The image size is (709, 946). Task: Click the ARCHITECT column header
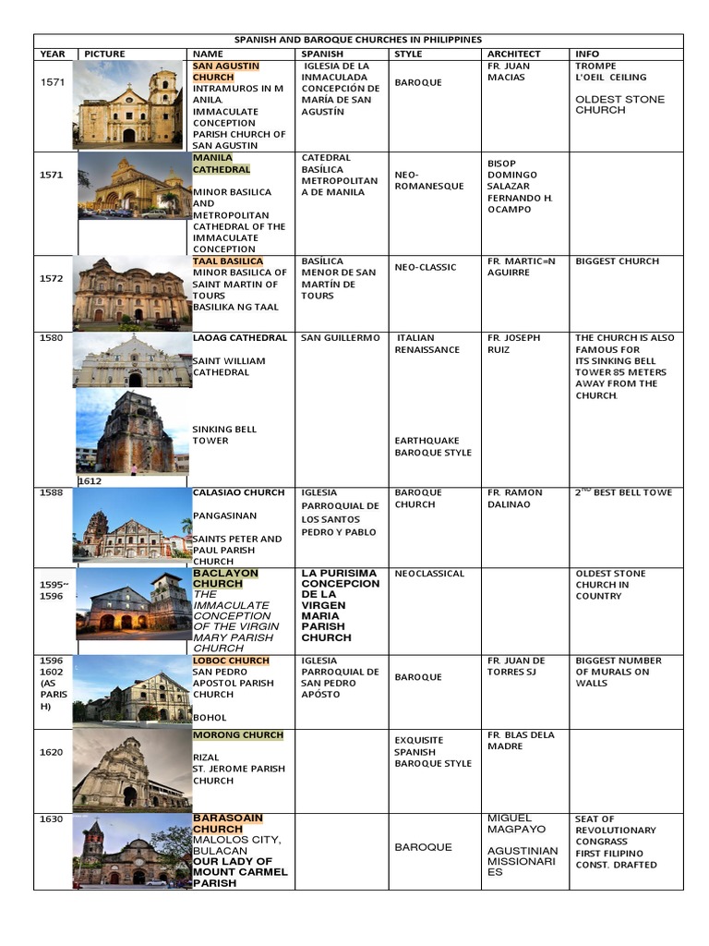pyautogui.click(x=513, y=55)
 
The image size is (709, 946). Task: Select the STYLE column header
pyautogui.click(x=408, y=55)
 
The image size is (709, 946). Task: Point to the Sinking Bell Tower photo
pyautogui.click(x=132, y=431)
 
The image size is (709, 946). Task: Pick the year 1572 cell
pyautogui.click(x=53, y=278)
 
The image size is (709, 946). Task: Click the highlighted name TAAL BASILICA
pyautogui.click(x=227, y=261)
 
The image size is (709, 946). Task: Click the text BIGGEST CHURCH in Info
pyautogui.click(x=617, y=261)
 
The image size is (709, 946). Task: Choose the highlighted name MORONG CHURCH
pyautogui.click(x=237, y=735)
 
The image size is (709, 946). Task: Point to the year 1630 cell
pyautogui.click(x=52, y=819)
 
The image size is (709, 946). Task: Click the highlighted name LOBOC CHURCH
pyautogui.click(x=231, y=661)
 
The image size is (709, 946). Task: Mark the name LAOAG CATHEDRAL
pyautogui.click(x=239, y=338)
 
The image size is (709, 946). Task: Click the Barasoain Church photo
pyautogui.click(x=132, y=851)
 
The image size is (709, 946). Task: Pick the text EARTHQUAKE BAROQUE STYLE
pyautogui.click(x=433, y=447)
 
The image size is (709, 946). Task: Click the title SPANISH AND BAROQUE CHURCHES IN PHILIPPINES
pyautogui.click(x=358, y=40)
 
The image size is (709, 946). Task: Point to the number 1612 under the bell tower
pyautogui.click(x=90, y=481)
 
